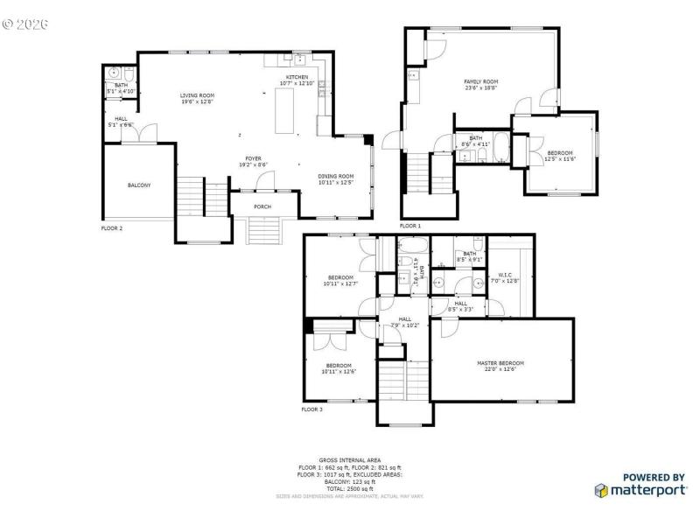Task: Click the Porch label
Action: [262, 206]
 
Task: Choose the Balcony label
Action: [139, 185]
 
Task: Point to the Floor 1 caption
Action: [410, 226]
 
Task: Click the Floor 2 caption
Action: [112, 227]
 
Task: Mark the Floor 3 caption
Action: [312, 409]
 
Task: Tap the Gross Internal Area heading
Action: [349, 459]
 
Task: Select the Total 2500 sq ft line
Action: [349, 488]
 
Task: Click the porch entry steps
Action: [262, 230]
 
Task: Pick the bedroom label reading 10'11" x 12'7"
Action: [340, 280]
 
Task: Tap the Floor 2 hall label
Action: [120, 122]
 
